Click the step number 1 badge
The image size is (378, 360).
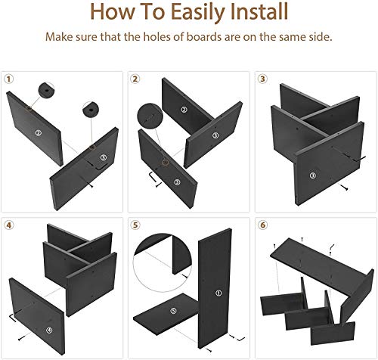coord(9,79)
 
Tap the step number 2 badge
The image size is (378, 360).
coord(135,79)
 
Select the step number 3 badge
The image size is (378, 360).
coord(262,79)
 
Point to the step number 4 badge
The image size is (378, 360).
coord(9,225)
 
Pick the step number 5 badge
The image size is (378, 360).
coord(135,225)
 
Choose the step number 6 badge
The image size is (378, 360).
coord(263,225)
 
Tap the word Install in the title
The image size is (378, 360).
coord(259,11)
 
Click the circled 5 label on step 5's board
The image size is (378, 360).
coord(173,311)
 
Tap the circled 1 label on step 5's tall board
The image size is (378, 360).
coord(218,293)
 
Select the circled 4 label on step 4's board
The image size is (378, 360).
coord(49,330)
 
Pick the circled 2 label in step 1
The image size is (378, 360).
coord(39,133)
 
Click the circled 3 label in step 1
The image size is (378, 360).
coord(104,158)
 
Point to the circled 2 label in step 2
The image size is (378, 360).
coord(184,110)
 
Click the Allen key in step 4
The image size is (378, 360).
coord(12,317)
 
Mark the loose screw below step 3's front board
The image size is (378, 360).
coord(345,188)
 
